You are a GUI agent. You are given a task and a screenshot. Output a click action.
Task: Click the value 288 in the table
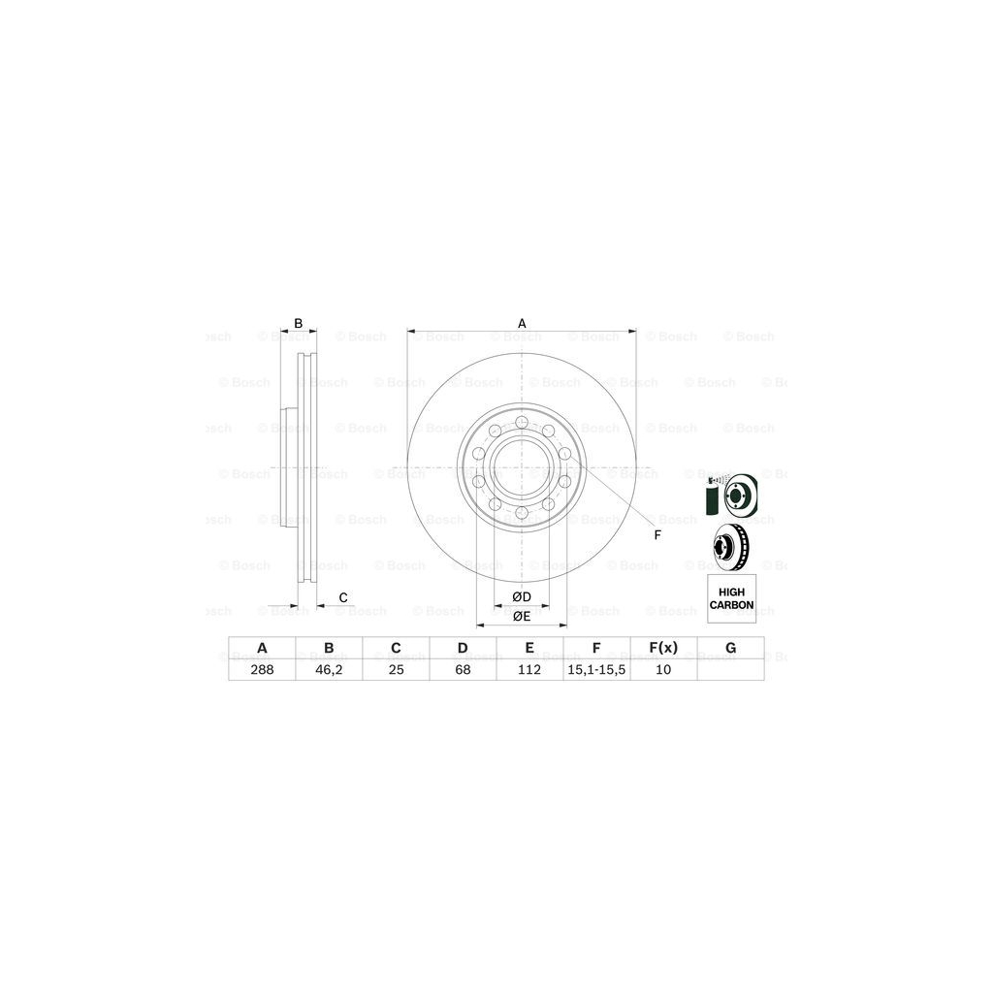tap(262, 668)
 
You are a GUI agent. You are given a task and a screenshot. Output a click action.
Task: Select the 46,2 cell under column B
tap(329, 668)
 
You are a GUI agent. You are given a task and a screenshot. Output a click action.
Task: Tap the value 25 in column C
tap(396, 668)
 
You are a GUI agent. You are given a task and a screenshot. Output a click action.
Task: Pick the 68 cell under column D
tap(463, 668)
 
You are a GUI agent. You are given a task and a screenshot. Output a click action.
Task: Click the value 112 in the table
tap(529, 668)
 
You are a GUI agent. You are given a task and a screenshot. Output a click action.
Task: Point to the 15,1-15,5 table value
tap(596, 668)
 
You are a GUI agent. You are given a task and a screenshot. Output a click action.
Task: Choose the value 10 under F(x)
tap(663, 668)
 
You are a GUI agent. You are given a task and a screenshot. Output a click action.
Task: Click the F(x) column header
tap(663, 648)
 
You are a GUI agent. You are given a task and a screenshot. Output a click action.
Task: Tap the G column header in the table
tap(730, 648)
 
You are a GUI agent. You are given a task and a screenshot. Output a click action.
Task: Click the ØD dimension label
tap(521, 595)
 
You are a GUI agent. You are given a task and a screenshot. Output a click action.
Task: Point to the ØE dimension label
tap(521, 616)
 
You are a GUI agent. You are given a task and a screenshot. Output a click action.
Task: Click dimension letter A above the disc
tap(522, 323)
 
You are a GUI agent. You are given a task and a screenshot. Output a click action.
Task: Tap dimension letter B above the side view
tap(299, 323)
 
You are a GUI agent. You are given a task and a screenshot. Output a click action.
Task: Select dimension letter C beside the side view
tap(342, 596)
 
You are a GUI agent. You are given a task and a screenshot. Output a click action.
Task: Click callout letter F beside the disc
tap(657, 535)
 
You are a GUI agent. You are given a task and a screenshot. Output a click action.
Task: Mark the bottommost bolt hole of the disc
tap(522, 512)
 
